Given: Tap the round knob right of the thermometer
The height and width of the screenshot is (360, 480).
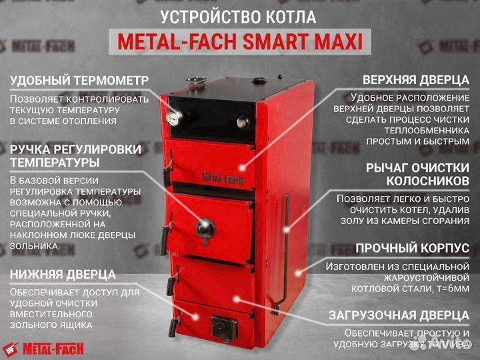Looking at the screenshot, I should pyautogui.click(x=244, y=122).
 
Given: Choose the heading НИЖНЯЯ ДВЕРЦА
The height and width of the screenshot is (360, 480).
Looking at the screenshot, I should pyautogui.click(x=63, y=274).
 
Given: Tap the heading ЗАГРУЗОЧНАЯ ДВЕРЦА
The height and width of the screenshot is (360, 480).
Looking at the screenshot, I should pyautogui.click(x=399, y=315).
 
